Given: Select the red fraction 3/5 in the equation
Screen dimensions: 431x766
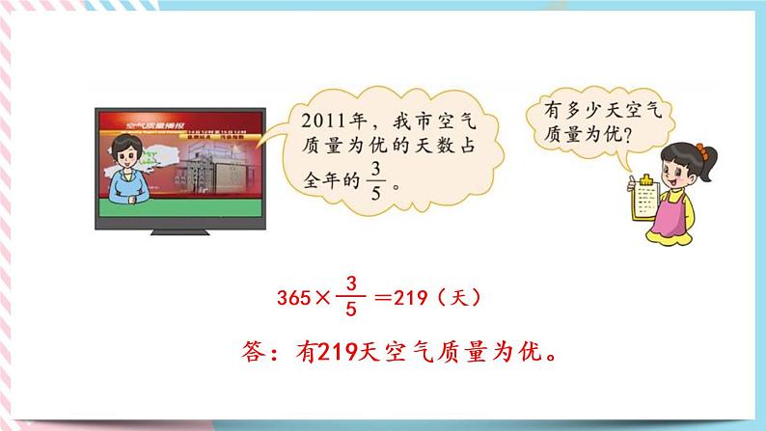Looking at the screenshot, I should pos(351,299).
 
